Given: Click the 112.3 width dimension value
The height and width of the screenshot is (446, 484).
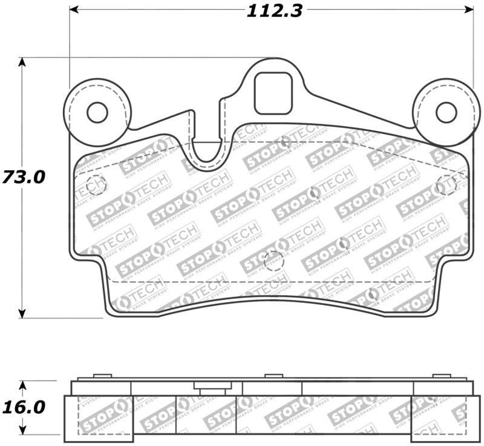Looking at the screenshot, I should [274, 11].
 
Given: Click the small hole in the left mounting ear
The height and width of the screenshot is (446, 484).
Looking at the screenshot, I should [97, 112].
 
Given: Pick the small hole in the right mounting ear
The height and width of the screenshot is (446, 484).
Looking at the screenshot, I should [446, 112].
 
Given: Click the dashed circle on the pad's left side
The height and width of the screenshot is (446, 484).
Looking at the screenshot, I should [96, 184].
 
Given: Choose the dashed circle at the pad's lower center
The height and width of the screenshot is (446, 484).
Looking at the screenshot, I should [273, 261].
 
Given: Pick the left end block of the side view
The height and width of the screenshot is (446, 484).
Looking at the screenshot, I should [99, 419].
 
